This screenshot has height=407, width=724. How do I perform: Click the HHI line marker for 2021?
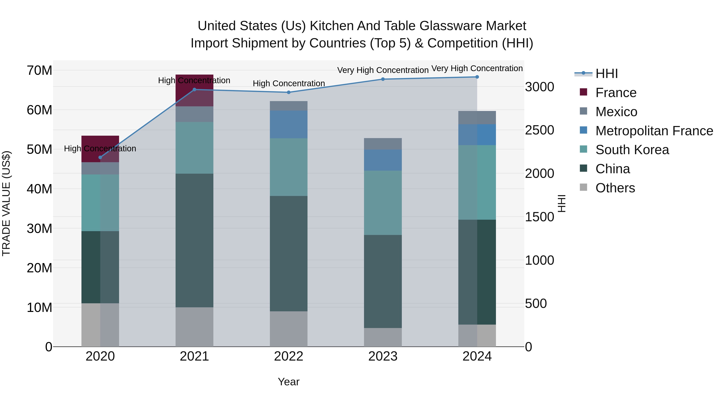click(194, 90)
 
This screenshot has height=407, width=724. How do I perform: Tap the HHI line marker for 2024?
click(477, 77)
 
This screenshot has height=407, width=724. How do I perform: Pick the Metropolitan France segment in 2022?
click(289, 124)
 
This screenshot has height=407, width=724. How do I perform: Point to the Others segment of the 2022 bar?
click(289, 329)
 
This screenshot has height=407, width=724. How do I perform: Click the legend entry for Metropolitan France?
click(654, 131)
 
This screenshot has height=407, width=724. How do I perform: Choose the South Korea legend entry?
click(632, 150)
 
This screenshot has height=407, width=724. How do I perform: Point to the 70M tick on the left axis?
click(39, 71)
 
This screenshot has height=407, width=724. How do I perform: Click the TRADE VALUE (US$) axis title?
click(6, 203)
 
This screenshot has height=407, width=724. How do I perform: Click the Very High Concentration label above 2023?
click(383, 70)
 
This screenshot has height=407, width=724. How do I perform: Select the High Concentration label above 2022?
click(289, 83)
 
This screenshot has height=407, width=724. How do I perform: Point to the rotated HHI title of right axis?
click(562, 203)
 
